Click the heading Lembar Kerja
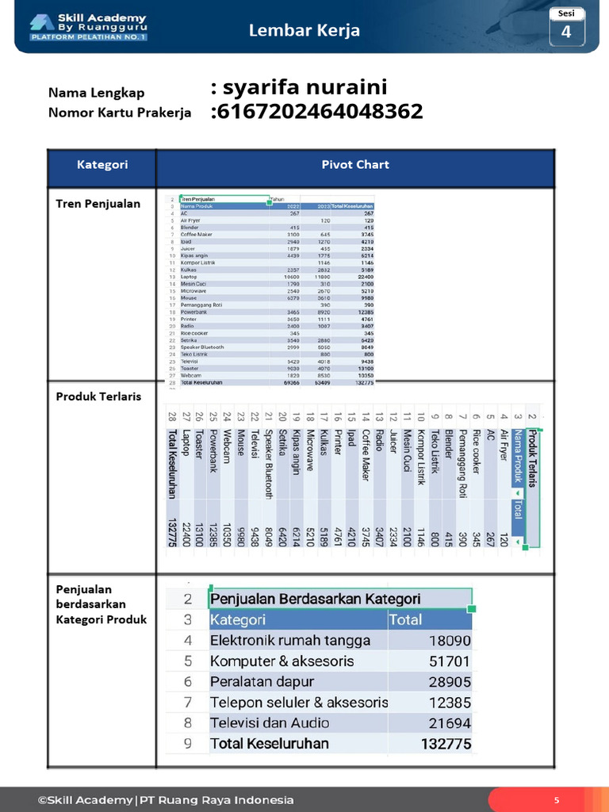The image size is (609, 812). [x=304, y=31]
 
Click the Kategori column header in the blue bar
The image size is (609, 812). [x=102, y=165]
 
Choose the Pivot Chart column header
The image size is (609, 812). [x=354, y=165]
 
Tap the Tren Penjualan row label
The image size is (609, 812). [x=98, y=204]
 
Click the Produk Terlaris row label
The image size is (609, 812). [x=98, y=396]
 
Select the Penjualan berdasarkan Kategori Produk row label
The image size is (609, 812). [x=101, y=604]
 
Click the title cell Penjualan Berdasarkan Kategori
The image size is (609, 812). [x=316, y=599]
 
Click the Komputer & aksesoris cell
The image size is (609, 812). [x=282, y=661]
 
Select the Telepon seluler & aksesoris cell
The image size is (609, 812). [x=299, y=703]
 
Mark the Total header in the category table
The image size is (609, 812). [x=406, y=619]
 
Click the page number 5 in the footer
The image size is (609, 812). [x=557, y=800]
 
